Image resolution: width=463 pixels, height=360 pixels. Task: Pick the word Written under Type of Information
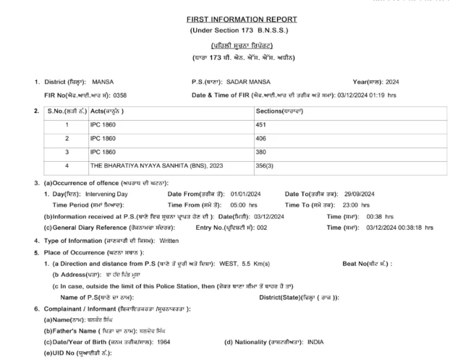pyautogui.click(x=169, y=240)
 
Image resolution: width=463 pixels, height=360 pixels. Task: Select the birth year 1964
pyautogui.click(x=166, y=342)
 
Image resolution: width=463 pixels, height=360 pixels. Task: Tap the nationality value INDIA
pyautogui.click(x=316, y=342)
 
